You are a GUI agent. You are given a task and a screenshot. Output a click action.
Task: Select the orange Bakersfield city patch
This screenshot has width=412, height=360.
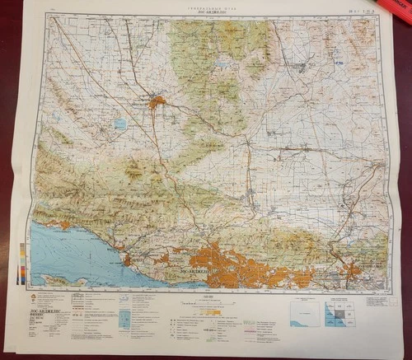click(157, 102)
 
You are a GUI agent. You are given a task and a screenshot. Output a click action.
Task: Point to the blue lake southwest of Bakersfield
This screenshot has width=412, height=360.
click(120, 124)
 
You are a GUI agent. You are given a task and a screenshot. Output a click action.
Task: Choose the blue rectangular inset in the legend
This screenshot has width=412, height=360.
click(124, 318)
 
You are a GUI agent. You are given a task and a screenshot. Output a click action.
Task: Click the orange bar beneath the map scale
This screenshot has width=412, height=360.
click(205, 312)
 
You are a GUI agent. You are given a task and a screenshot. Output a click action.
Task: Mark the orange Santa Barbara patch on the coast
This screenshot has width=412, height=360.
click(129, 259)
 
